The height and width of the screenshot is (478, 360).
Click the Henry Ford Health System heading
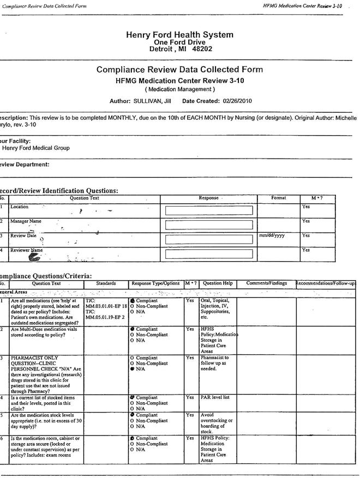179,34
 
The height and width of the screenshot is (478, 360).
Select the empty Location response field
209,210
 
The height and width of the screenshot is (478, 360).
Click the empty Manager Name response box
209,225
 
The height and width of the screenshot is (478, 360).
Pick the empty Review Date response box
209,239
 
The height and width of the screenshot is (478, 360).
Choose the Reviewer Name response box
209,253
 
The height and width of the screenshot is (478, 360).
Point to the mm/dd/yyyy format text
271,235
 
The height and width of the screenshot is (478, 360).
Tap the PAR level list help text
215,397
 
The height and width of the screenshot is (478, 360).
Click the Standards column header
106,283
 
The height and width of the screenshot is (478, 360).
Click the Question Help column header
218,283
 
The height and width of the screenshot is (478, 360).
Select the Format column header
278,197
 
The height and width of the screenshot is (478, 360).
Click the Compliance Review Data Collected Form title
179,69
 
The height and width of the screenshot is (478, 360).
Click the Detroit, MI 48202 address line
179,49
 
